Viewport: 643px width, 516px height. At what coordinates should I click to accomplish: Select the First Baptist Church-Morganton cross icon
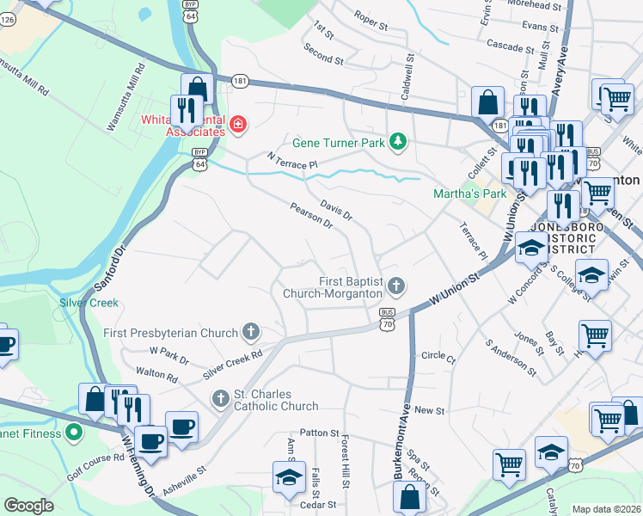[396, 284]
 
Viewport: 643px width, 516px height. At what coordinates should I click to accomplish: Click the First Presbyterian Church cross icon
[250, 331]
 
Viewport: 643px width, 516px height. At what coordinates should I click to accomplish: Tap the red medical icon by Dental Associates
[237, 127]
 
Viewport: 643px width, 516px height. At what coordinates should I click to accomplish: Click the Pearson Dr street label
[311, 216]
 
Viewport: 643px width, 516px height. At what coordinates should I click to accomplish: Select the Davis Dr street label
[336, 211]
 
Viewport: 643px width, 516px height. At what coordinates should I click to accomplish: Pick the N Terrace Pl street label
[292, 160]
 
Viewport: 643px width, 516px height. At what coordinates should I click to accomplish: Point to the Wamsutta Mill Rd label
[23, 77]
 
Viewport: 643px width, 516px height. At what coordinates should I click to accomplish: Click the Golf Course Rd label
[96, 463]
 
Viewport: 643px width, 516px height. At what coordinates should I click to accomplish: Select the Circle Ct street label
[438, 355]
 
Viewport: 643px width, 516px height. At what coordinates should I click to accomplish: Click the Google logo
[29, 505]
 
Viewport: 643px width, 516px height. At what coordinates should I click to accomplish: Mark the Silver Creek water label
[89, 303]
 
